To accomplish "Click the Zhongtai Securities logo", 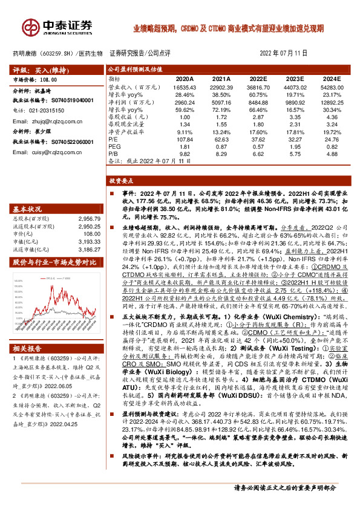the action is click(x=57, y=27).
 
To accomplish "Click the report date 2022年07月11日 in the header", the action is click(x=284, y=53).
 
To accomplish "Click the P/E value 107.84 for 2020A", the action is click(x=184, y=138).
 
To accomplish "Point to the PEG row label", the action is click(x=114, y=146).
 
